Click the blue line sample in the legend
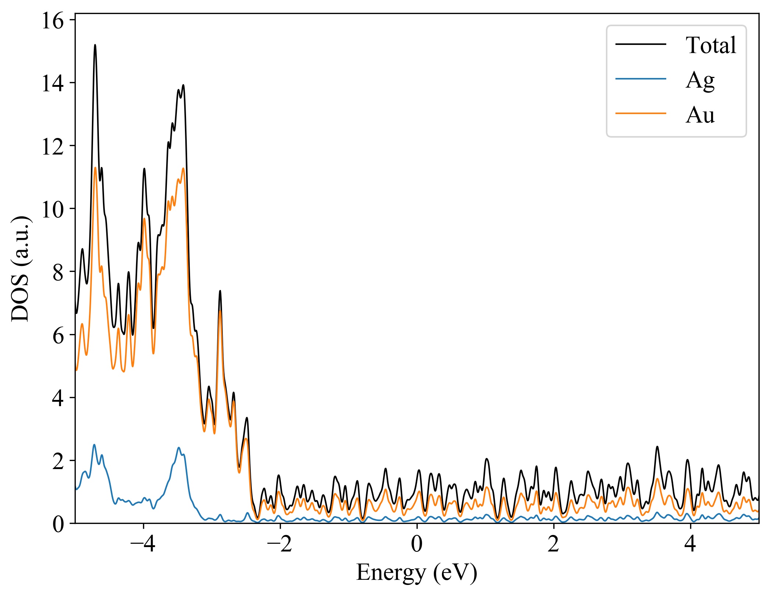pyautogui.click(x=641, y=79)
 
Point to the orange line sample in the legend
pyautogui.click(x=641, y=113)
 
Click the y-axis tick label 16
pyautogui.click(x=53, y=21)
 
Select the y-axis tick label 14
pyautogui.click(x=53, y=84)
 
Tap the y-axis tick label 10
pyautogui.click(x=53, y=210)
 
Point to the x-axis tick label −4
pyautogui.click(x=143, y=544)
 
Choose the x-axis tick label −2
pyautogui.click(x=280, y=544)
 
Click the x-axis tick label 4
pyautogui.click(x=690, y=544)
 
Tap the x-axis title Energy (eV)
pyautogui.click(x=417, y=573)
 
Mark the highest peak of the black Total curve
pyautogui.click(x=95, y=45)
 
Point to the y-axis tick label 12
pyautogui.click(x=53, y=147)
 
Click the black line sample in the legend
pyautogui.click(x=641, y=44)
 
